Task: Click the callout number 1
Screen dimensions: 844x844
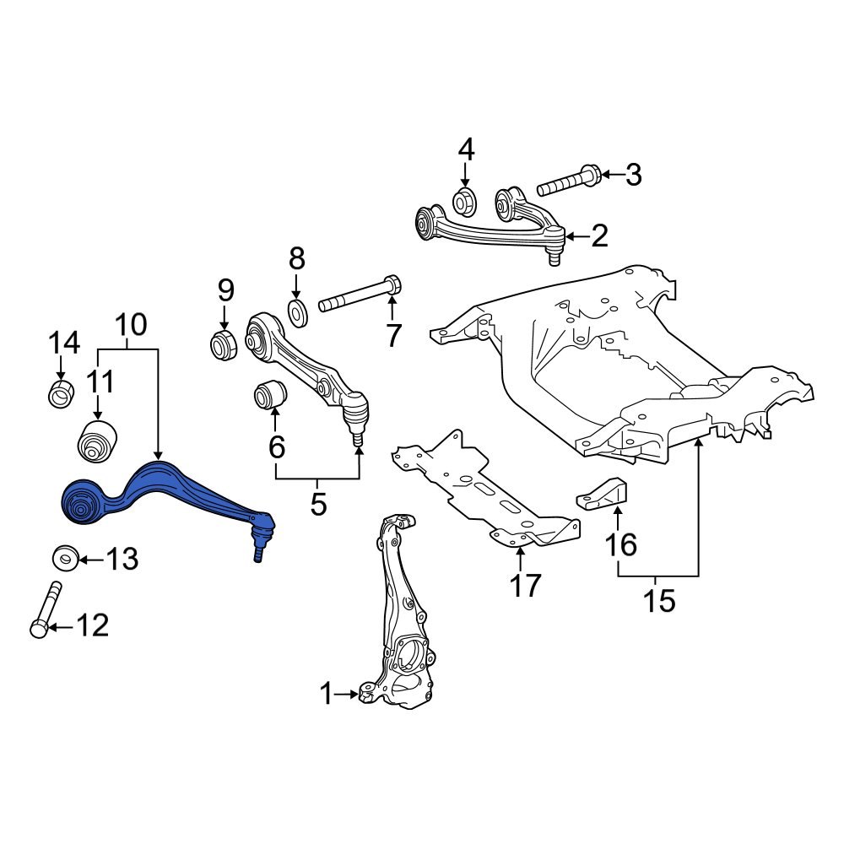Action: pyautogui.click(x=327, y=695)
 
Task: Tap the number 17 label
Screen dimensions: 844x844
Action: pyautogui.click(x=524, y=584)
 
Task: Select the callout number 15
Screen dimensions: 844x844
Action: pyautogui.click(x=659, y=601)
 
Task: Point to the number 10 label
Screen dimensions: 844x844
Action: pyautogui.click(x=130, y=325)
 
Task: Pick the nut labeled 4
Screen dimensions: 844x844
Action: pyautogui.click(x=465, y=202)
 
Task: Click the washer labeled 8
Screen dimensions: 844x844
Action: pyautogui.click(x=296, y=312)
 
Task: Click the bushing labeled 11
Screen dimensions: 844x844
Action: pyautogui.click(x=97, y=439)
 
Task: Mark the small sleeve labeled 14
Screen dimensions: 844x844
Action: pyautogui.click(x=61, y=394)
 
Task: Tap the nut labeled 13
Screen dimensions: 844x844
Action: pyautogui.click(x=65, y=558)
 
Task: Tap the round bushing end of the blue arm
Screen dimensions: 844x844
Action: pyautogui.click(x=83, y=504)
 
